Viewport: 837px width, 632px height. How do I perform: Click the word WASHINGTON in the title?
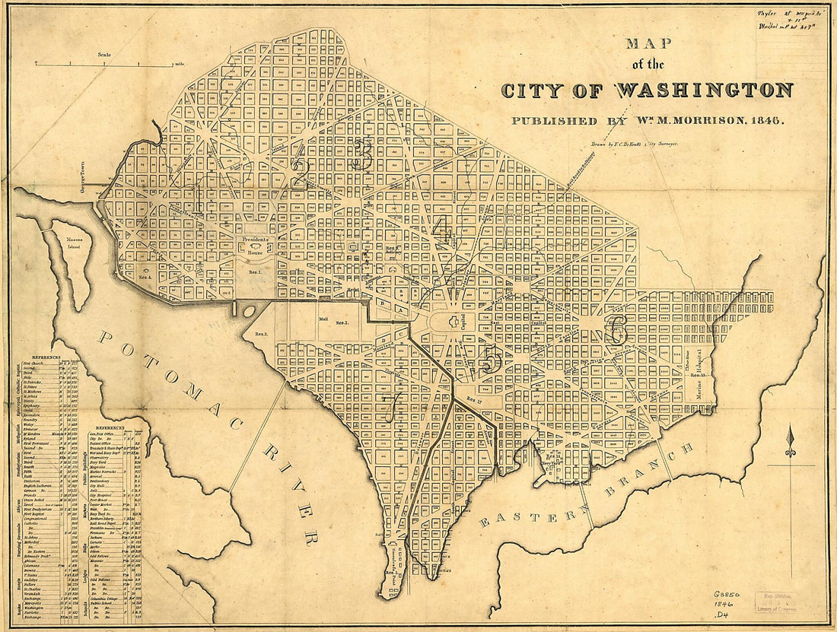click(704, 91)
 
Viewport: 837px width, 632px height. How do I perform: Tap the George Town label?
click(85, 183)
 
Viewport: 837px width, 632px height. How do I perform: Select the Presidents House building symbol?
click(256, 248)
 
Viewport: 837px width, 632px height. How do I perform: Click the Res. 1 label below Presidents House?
click(253, 272)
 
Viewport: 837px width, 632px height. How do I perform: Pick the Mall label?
click(323, 319)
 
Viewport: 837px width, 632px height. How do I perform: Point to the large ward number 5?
click(491, 358)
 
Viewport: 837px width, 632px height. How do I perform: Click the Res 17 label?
click(475, 398)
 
